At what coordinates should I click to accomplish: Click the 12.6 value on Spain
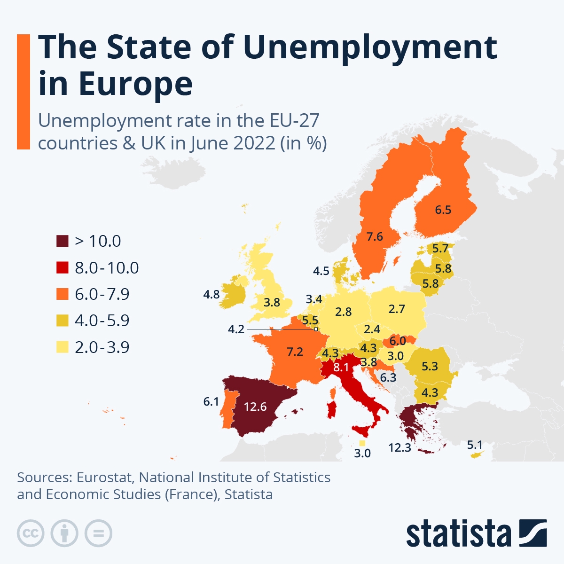click(x=255, y=407)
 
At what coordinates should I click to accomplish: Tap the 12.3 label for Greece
click(x=399, y=447)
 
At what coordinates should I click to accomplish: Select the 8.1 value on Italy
click(x=341, y=367)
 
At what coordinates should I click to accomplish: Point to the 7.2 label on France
click(x=295, y=352)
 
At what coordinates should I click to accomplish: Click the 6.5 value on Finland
click(x=443, y=210)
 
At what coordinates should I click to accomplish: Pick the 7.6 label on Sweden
click(x=375, y=236)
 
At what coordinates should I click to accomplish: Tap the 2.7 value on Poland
click(x=397, y=309)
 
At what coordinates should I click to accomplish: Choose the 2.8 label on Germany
click(x=343, y=312)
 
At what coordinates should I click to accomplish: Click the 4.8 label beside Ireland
click(x=211, y=295)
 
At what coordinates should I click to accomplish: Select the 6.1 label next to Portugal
click(x=211, y=401)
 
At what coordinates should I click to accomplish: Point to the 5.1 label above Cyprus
click(x=475, y=445)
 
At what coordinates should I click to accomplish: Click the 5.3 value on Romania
click(x=430, y=366)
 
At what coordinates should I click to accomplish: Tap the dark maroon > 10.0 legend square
click(x=63, y=241)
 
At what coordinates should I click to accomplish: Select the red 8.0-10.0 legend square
click(x=63, y=268)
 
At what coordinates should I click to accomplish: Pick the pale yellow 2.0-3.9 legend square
click(x=63, y=347)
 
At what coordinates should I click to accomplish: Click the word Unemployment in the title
click(x=369, y=47)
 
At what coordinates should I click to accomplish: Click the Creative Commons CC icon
click(x=31, y=533)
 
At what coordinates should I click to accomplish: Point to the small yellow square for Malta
click(x=362, y=443)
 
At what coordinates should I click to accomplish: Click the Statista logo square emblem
click(x=533, y=533)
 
